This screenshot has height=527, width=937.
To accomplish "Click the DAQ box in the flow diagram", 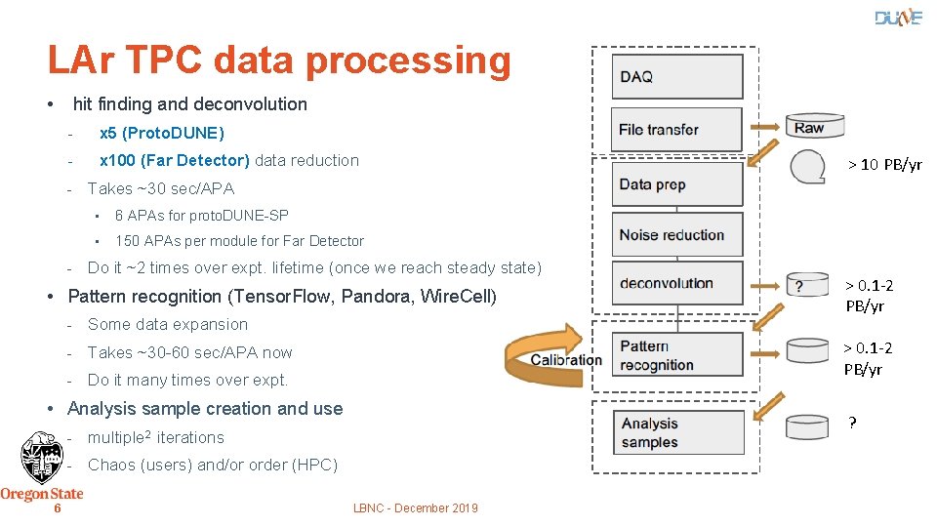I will click(x=677, y=76).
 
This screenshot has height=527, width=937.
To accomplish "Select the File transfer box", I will click(x=677, y=130).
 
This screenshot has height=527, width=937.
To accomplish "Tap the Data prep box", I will click(x=677, y=184).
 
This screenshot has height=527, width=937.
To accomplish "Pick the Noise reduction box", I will click(x=677, y=235).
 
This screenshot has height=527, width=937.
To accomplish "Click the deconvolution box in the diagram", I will click(x=677, y=284).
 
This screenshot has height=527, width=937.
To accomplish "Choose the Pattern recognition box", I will click(x=677, y=355).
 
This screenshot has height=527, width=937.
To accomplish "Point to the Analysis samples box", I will click(x=677, y=433).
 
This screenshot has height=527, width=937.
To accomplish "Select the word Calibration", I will click(x=566, y=360).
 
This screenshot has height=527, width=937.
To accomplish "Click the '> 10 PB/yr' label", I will click(x=883, y=165).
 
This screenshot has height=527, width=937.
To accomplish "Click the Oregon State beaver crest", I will click(x=41, y=458).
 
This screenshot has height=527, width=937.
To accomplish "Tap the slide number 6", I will click(x=58, y=508).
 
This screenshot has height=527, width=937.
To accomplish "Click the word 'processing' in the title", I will click(x=408, y=61).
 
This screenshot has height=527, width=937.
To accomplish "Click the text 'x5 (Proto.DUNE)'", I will click(x=161, y=133).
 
